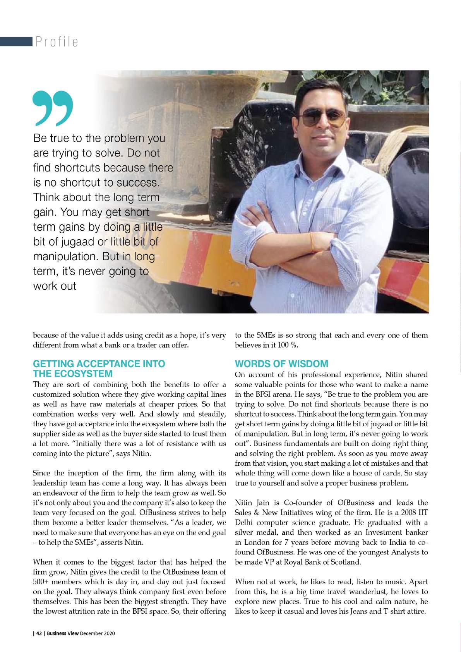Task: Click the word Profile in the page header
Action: (x=57, y=41)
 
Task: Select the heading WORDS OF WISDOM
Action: (x=281, y=364)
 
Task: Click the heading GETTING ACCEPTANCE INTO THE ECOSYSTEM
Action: (x=99, y=369)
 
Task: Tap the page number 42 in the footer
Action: (x=39, y=633)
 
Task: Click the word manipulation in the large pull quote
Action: (x=64, y=257)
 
